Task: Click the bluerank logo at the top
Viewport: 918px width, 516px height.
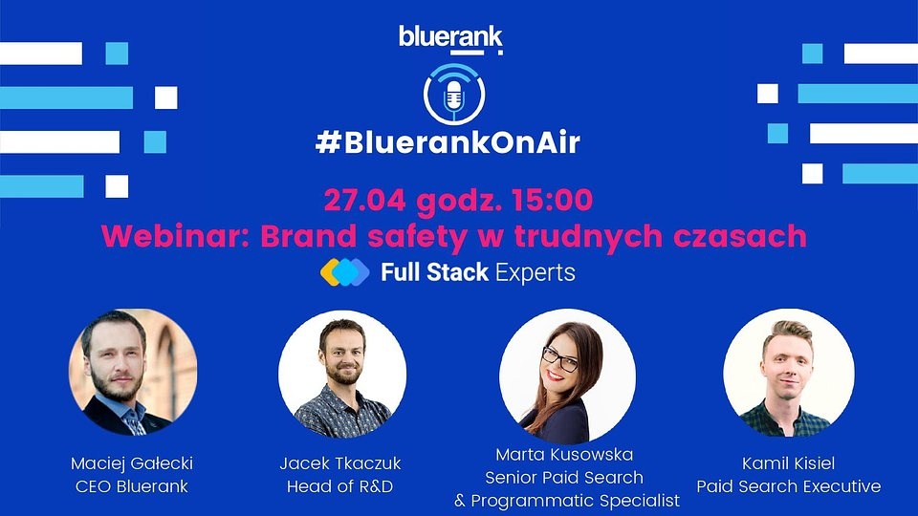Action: [450, 39]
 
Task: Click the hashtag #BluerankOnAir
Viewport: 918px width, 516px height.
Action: [448, 142]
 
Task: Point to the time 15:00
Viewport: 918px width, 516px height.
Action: [552, 200]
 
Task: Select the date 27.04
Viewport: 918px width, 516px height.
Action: [364, 200]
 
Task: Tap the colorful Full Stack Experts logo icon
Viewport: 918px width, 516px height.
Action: [345, 272]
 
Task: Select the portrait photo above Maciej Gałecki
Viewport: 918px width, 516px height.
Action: [133, 373]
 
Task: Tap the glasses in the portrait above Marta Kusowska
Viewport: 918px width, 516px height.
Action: [559, 358]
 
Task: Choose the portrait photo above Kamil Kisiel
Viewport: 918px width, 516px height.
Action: [789, 373]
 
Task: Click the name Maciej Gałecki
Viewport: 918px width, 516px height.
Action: [132, 463]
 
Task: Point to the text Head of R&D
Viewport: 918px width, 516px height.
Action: [339, 486]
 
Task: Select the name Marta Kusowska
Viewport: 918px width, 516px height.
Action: [564, 455]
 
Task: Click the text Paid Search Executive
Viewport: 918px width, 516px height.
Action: [789, 486]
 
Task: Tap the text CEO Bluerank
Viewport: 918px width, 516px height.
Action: [132, 486]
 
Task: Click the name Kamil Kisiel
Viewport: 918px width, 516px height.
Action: [789, 463]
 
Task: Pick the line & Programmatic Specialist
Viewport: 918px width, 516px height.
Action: [567, 501]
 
